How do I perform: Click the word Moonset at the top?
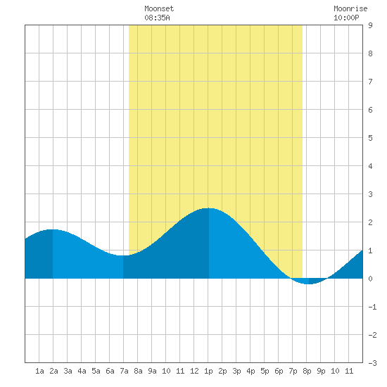pyautogui.click(x=159, y=8)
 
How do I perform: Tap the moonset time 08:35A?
pyautogui.click(x=157, y=18)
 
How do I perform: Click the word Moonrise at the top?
pyautogui.click(x=350, y=8)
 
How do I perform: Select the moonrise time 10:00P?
pyautogui.click(x=346, y=18)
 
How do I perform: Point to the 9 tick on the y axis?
pyautogui.click(x=370, y=25)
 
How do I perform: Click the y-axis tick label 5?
pyautogui.click(x=370, y=138)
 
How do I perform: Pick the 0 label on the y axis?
pyautogui.click(x=370, y=279)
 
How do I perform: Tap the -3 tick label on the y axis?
pyautogui.click(x=372, y=363)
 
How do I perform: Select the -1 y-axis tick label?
pyautogui.click(x=372, y=307)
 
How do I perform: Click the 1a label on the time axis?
pyautogui.click(x=39, y=371)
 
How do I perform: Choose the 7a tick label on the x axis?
pyautogui.click(x=124, y=371)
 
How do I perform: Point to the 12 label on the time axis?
pyautogui.click(x=194, y=371)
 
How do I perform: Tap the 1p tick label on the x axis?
pyautogui.click(x=208, y=371)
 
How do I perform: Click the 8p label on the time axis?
pyautogui.click(x=307, y=371)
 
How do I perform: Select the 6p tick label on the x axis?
pyautogui.click(x=279, y=371)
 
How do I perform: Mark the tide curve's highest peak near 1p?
pyautogui.click(x=208, y=208)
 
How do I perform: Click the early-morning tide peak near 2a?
pyautogui.click(x=52, y=230)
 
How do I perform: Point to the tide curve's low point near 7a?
pyautogui.click(x=123, y=255)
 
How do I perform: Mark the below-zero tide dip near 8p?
pyautogui.click(x=307, y=284)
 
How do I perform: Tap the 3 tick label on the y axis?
pyautogui.click(x=370, y=194)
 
